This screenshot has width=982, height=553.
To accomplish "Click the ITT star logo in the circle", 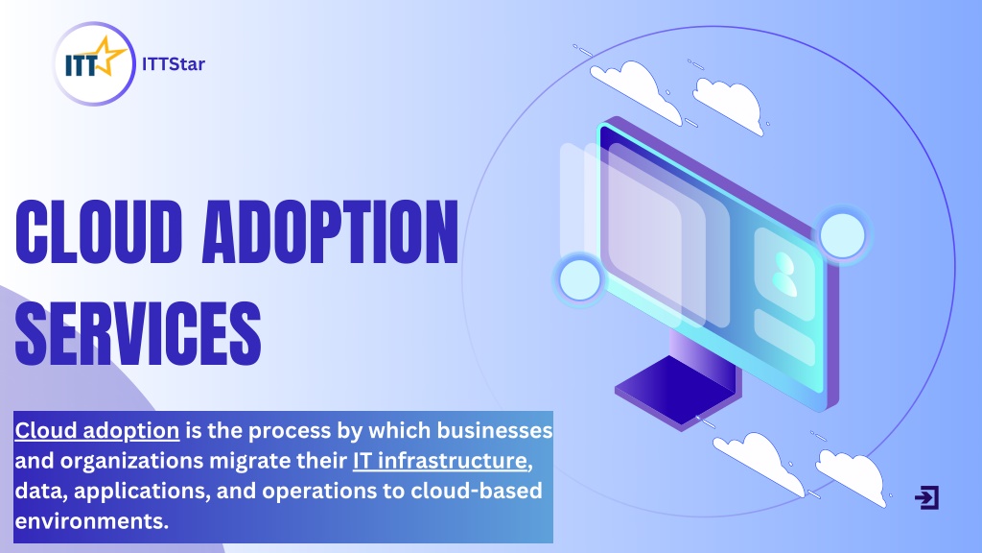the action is (94, 63).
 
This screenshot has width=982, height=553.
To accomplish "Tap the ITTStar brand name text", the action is (174, 64).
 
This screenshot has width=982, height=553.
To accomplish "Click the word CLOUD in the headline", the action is (99, 232).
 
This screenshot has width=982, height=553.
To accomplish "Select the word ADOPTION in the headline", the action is (330, 232).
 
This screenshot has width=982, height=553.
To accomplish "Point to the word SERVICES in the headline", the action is (138, 333).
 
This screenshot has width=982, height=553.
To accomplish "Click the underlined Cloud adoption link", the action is (97, 431).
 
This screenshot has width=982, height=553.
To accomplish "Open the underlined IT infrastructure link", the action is (440, 461).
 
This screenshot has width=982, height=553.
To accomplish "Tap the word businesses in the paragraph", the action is (495, 430).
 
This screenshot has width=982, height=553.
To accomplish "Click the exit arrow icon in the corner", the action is (927, 497).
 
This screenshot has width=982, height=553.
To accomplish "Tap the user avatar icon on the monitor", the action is (783, 274).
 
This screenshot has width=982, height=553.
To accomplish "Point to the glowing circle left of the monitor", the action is (579, 279).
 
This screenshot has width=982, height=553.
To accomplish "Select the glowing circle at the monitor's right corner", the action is (842, 235).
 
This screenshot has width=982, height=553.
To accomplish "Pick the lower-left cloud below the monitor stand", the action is (760, 462).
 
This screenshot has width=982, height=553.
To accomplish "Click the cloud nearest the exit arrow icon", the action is (852, 476).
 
